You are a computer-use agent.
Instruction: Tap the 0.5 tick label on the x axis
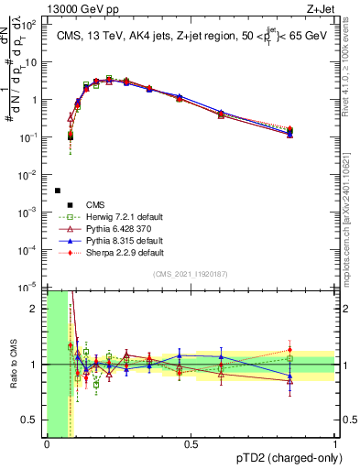tap(191, 444)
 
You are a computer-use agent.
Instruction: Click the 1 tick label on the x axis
tap(334, 444)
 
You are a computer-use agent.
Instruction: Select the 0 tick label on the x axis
tap(47, 444)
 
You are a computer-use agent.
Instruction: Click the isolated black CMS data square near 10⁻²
tap(57, 191)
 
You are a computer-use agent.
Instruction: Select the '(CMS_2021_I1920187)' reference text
tap(191, 275)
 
